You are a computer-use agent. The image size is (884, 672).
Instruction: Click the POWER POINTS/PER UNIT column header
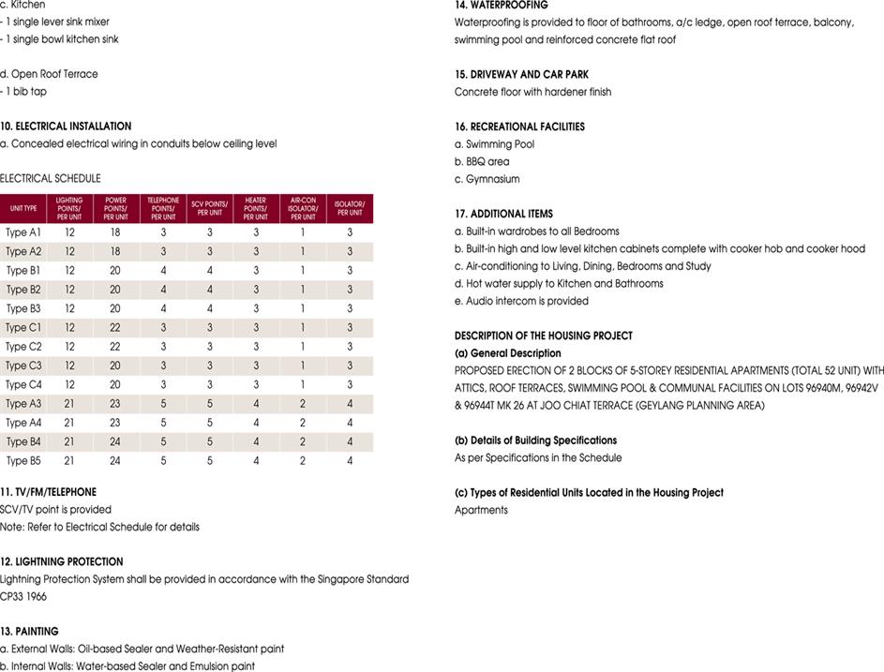116,208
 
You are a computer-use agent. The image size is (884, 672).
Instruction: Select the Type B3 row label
23,308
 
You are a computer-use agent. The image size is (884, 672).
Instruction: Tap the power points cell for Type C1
116,327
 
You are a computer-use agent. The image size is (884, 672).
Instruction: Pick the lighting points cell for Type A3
69,403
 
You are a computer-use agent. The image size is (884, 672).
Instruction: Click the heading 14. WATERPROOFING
501,5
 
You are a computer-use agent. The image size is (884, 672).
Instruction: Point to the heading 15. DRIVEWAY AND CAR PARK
521,74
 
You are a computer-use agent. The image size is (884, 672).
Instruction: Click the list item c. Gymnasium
487,179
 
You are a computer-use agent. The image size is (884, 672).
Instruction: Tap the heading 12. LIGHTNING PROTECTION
62,561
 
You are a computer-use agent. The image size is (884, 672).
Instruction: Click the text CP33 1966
22,596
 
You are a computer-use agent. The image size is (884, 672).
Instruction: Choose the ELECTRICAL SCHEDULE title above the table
51,178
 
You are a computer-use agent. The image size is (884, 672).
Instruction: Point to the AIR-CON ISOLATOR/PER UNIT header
303,208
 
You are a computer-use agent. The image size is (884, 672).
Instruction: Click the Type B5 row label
23,460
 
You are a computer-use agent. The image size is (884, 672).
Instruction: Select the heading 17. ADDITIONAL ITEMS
503,214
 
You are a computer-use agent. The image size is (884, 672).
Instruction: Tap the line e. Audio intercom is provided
521,301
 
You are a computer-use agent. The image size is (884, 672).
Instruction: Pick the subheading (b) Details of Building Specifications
535,441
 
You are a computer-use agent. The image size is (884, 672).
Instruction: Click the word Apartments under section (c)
481,510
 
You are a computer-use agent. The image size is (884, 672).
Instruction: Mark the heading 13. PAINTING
29,632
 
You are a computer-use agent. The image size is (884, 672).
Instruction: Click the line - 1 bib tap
23,92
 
